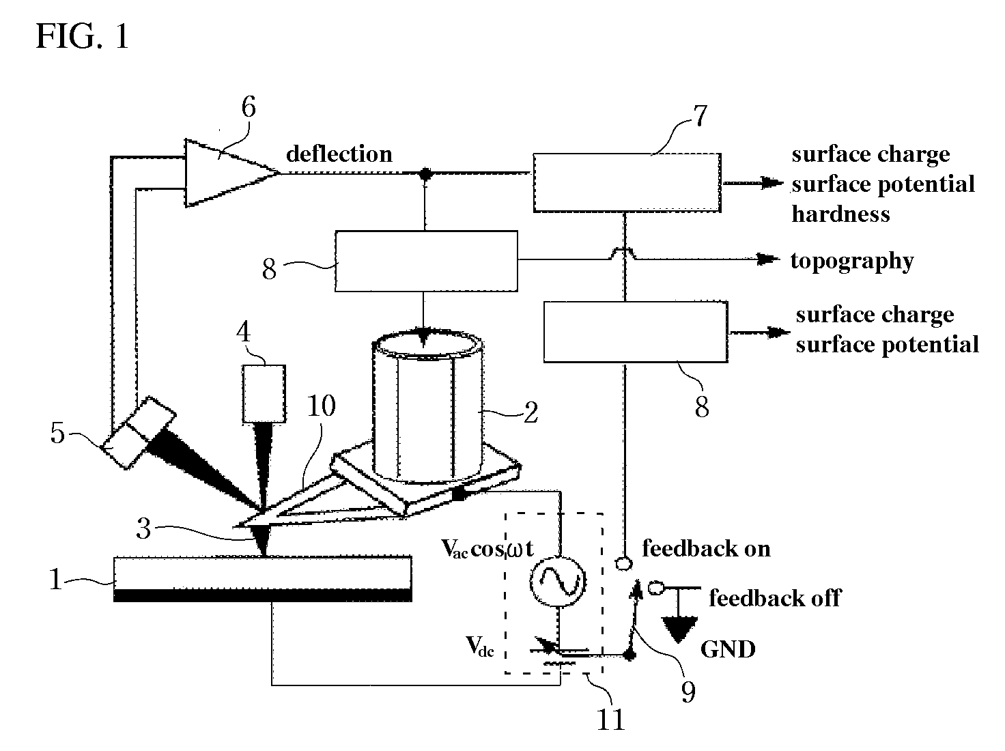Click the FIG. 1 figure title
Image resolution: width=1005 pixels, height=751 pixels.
coord(83,36)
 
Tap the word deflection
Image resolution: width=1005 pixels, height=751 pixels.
coord(339,154)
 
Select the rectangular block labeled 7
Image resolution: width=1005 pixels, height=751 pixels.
coord(627,182)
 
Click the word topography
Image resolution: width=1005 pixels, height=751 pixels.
coord(852,261)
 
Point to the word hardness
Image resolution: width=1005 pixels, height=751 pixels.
coord(840,214)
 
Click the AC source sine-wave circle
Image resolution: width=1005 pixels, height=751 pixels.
coord(558,582)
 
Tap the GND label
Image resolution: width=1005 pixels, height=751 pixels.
coord(728,649)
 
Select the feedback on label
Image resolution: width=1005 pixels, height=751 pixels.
coord(707,548)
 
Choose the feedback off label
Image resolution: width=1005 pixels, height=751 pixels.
coord(775,597)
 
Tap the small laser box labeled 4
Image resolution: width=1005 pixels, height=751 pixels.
coord(264,393)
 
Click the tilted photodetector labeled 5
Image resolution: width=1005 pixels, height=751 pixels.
coord(139,432)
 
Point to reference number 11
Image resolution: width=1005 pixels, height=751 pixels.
coord(611,720)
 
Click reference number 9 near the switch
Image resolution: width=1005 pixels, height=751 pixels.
coord(688,692)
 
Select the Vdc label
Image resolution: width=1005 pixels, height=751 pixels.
coord(480,647)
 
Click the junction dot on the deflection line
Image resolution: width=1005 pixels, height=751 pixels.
coord(425,173)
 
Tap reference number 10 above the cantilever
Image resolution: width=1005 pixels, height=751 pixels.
coord(321,406)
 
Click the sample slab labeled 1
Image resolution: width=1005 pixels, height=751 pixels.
coord(263,578)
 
